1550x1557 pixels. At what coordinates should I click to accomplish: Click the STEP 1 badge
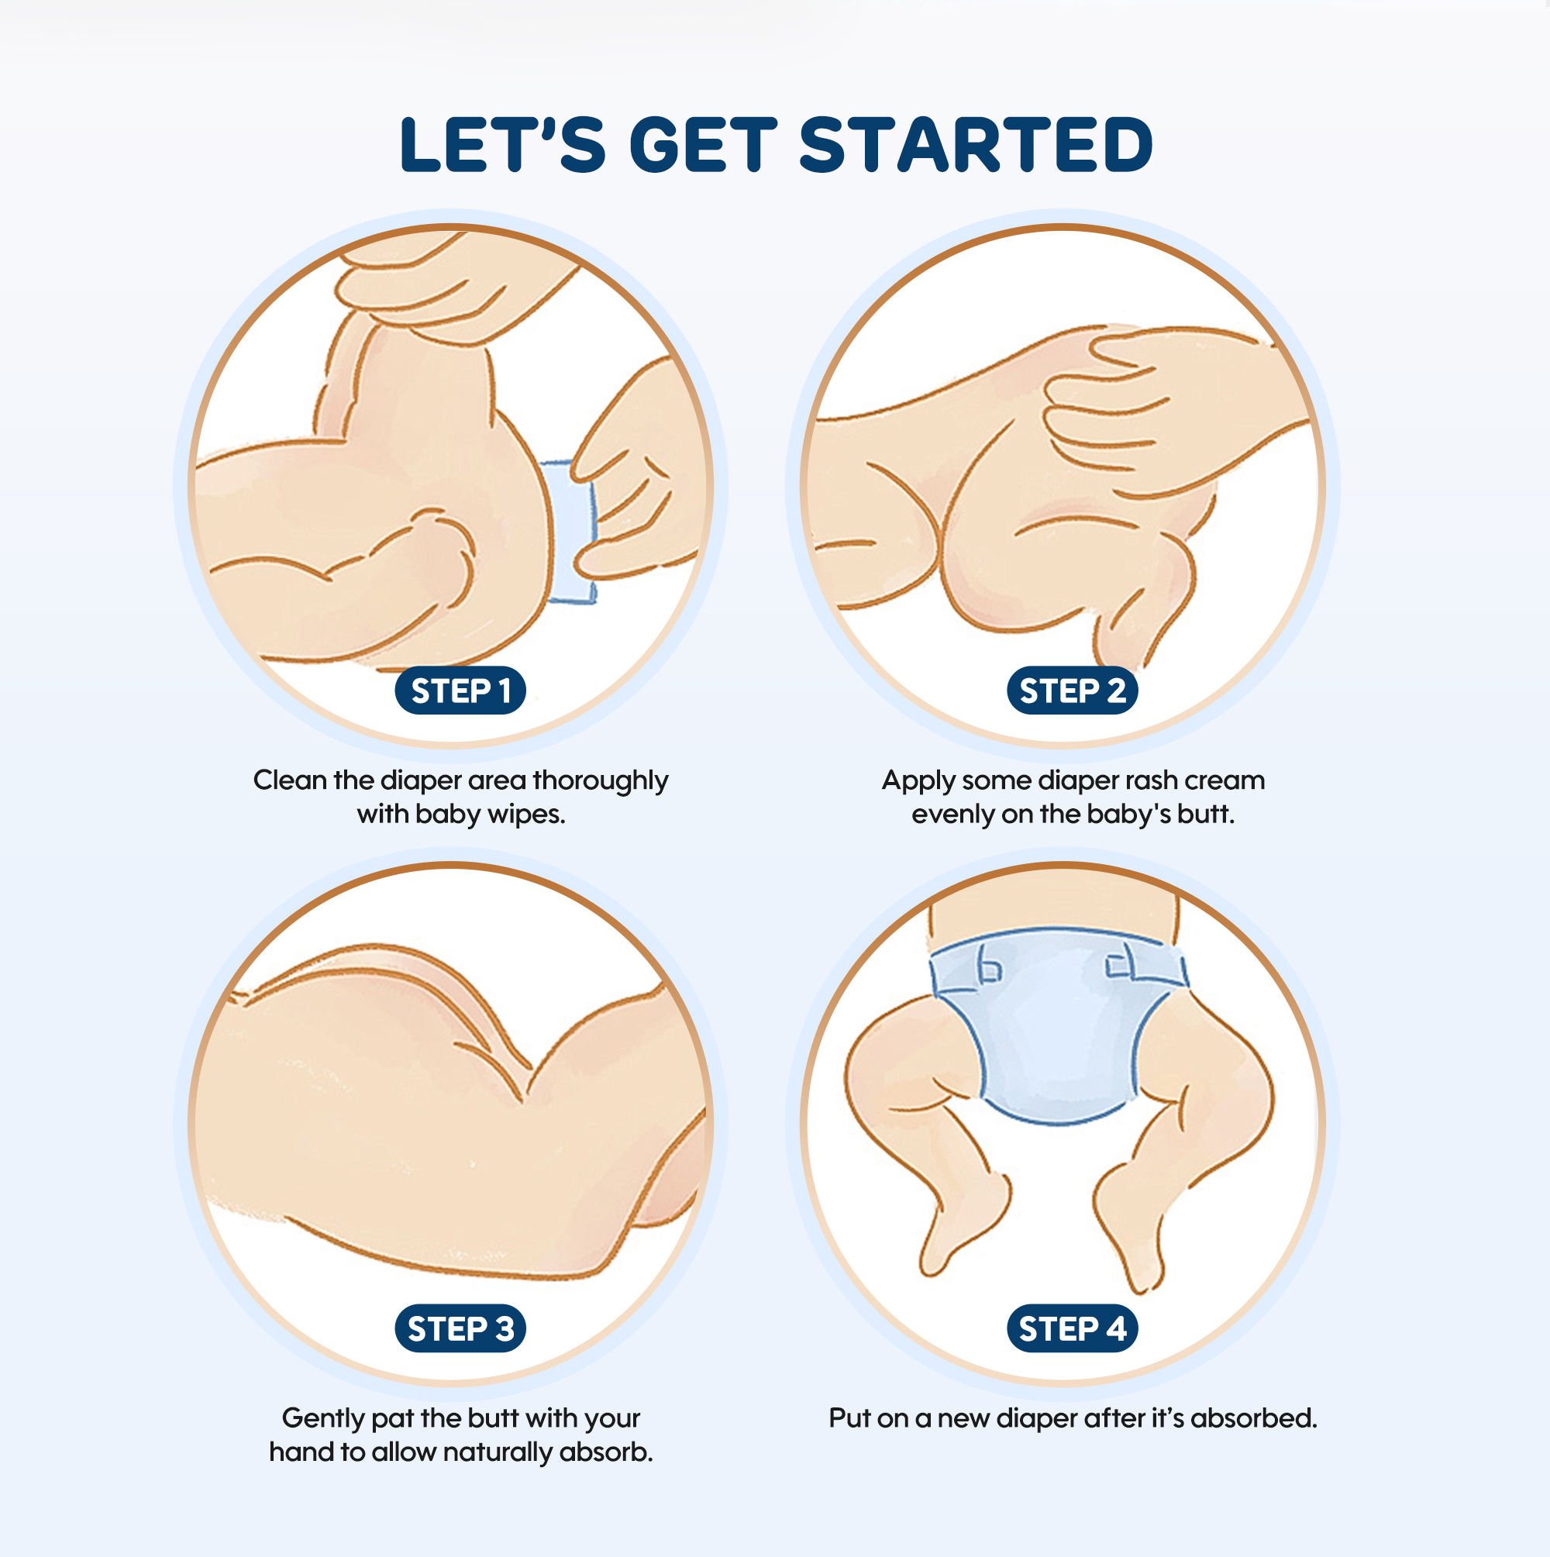(x=460, y=691)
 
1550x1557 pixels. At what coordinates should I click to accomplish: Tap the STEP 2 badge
(x=1072, y=691)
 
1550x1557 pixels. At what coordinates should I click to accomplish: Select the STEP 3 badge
(x=460, y=1328)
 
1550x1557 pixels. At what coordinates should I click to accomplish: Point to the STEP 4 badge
(x=1072, y=1328)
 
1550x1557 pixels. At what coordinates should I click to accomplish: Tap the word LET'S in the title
(x=502, y=145)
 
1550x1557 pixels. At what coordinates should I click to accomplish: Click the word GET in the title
(x=703, y=145)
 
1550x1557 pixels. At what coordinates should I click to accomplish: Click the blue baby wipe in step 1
(x=570, y=532)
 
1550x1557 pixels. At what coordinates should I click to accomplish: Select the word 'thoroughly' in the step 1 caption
(x=601, y=781)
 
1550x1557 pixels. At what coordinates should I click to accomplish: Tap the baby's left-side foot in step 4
(x=963, y=1225)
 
